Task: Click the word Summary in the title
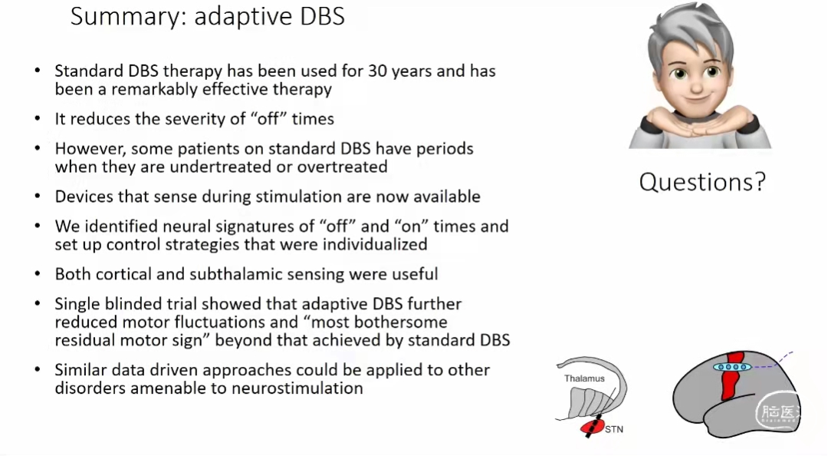click(127, 17)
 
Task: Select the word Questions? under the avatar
click(702, 182)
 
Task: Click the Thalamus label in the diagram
click(584, 378)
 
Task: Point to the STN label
click(614, 429)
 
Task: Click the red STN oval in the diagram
click(592, 427)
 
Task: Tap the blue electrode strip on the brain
click(732, 367)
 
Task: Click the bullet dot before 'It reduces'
click(38, 118)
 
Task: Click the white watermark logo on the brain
click(778, 411)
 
